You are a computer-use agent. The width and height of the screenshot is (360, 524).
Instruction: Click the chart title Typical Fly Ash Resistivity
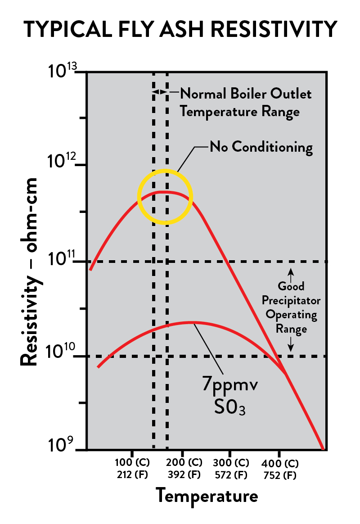180,29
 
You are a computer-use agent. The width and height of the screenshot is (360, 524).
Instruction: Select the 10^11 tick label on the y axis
63,260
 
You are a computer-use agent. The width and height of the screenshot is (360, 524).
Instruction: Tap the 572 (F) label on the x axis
230,474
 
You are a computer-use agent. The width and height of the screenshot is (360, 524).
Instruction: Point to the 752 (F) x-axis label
279,474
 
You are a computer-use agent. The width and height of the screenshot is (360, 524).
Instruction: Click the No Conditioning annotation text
261,147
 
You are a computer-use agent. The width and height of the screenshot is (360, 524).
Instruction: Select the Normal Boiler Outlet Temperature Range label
245,102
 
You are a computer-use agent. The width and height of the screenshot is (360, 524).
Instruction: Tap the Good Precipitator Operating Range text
291,307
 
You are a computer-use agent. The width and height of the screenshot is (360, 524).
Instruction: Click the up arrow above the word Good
291,273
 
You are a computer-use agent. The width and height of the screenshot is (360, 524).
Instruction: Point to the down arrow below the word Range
291,344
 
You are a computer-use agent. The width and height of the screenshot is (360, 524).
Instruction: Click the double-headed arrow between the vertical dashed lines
160,92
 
